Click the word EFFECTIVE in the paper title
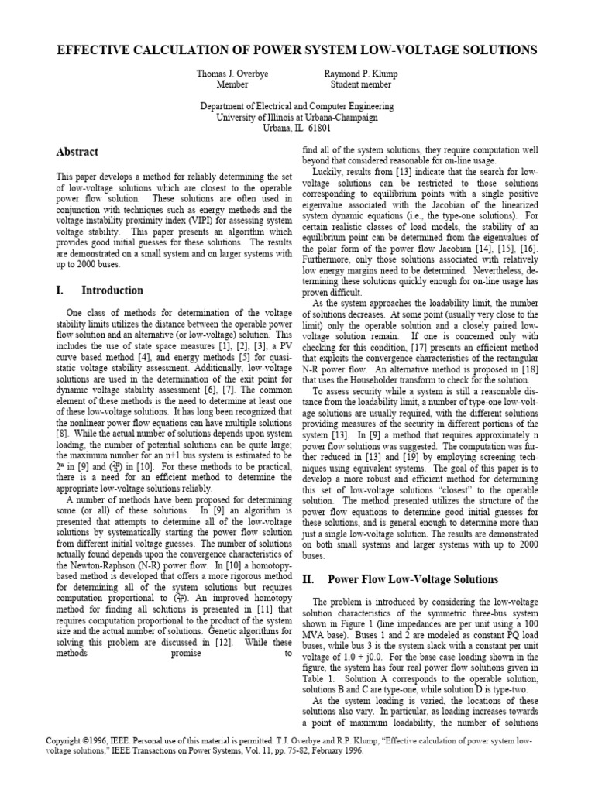click(97, 50)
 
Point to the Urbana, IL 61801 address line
click(297, 128)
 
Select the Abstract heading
click(77, 153)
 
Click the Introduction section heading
click(112, 290)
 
